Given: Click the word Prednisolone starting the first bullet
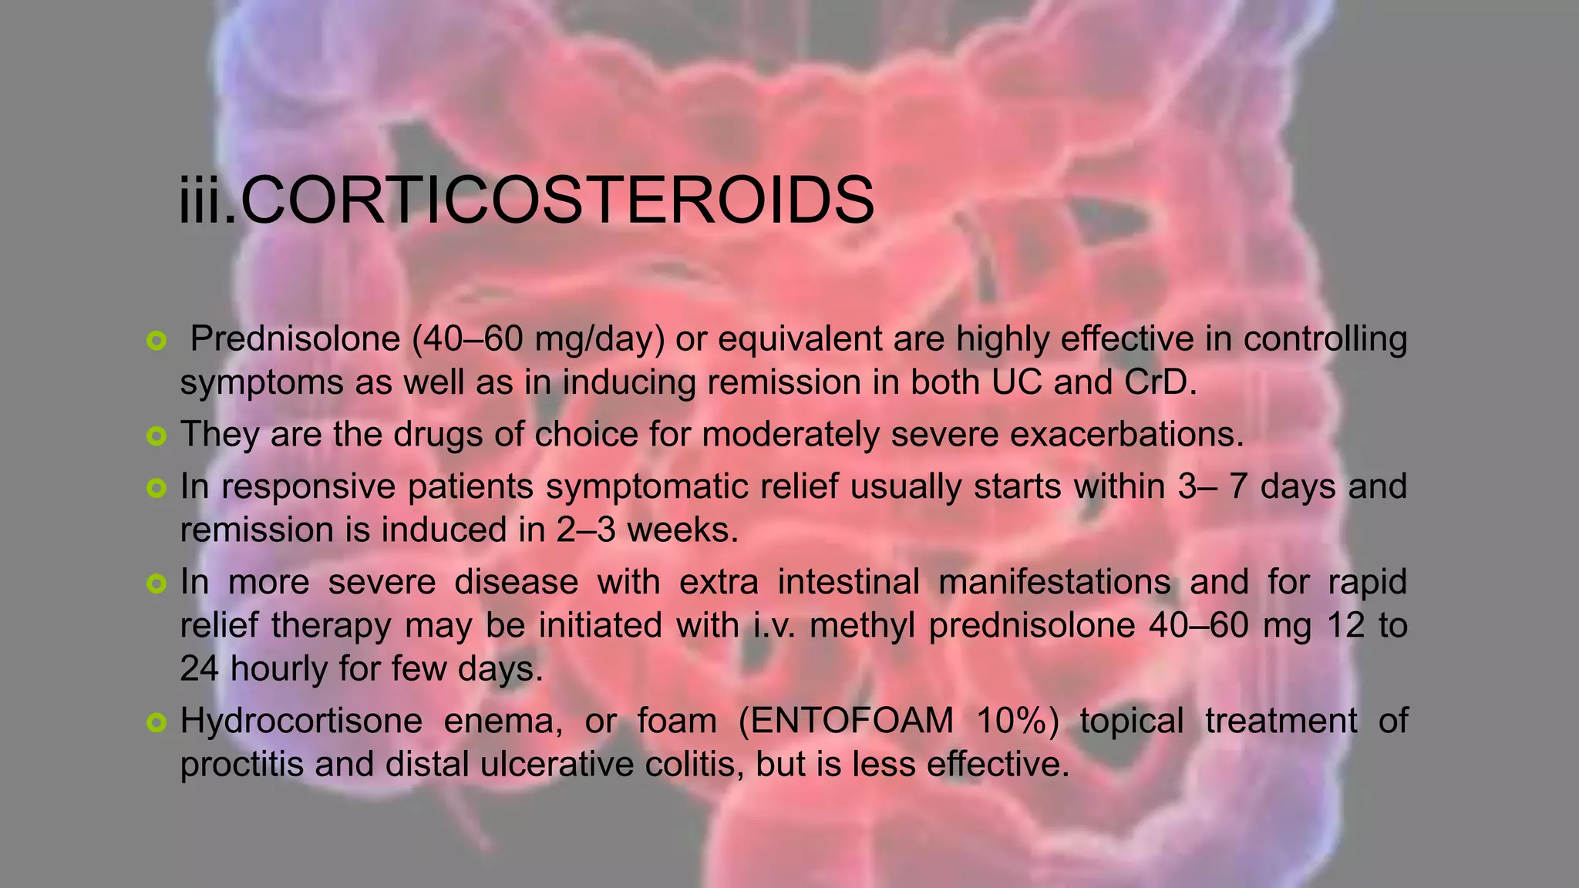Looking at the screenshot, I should pos(295,339).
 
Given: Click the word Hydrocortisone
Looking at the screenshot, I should pos(301,721).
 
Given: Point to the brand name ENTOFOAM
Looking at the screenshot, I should pos(853,721).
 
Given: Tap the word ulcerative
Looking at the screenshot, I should pos(569,765).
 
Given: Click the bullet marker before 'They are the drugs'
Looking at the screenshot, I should pos(156,437).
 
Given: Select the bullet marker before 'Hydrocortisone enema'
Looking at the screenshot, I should pos(156,723).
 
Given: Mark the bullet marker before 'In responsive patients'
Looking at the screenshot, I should pos(156,489).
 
